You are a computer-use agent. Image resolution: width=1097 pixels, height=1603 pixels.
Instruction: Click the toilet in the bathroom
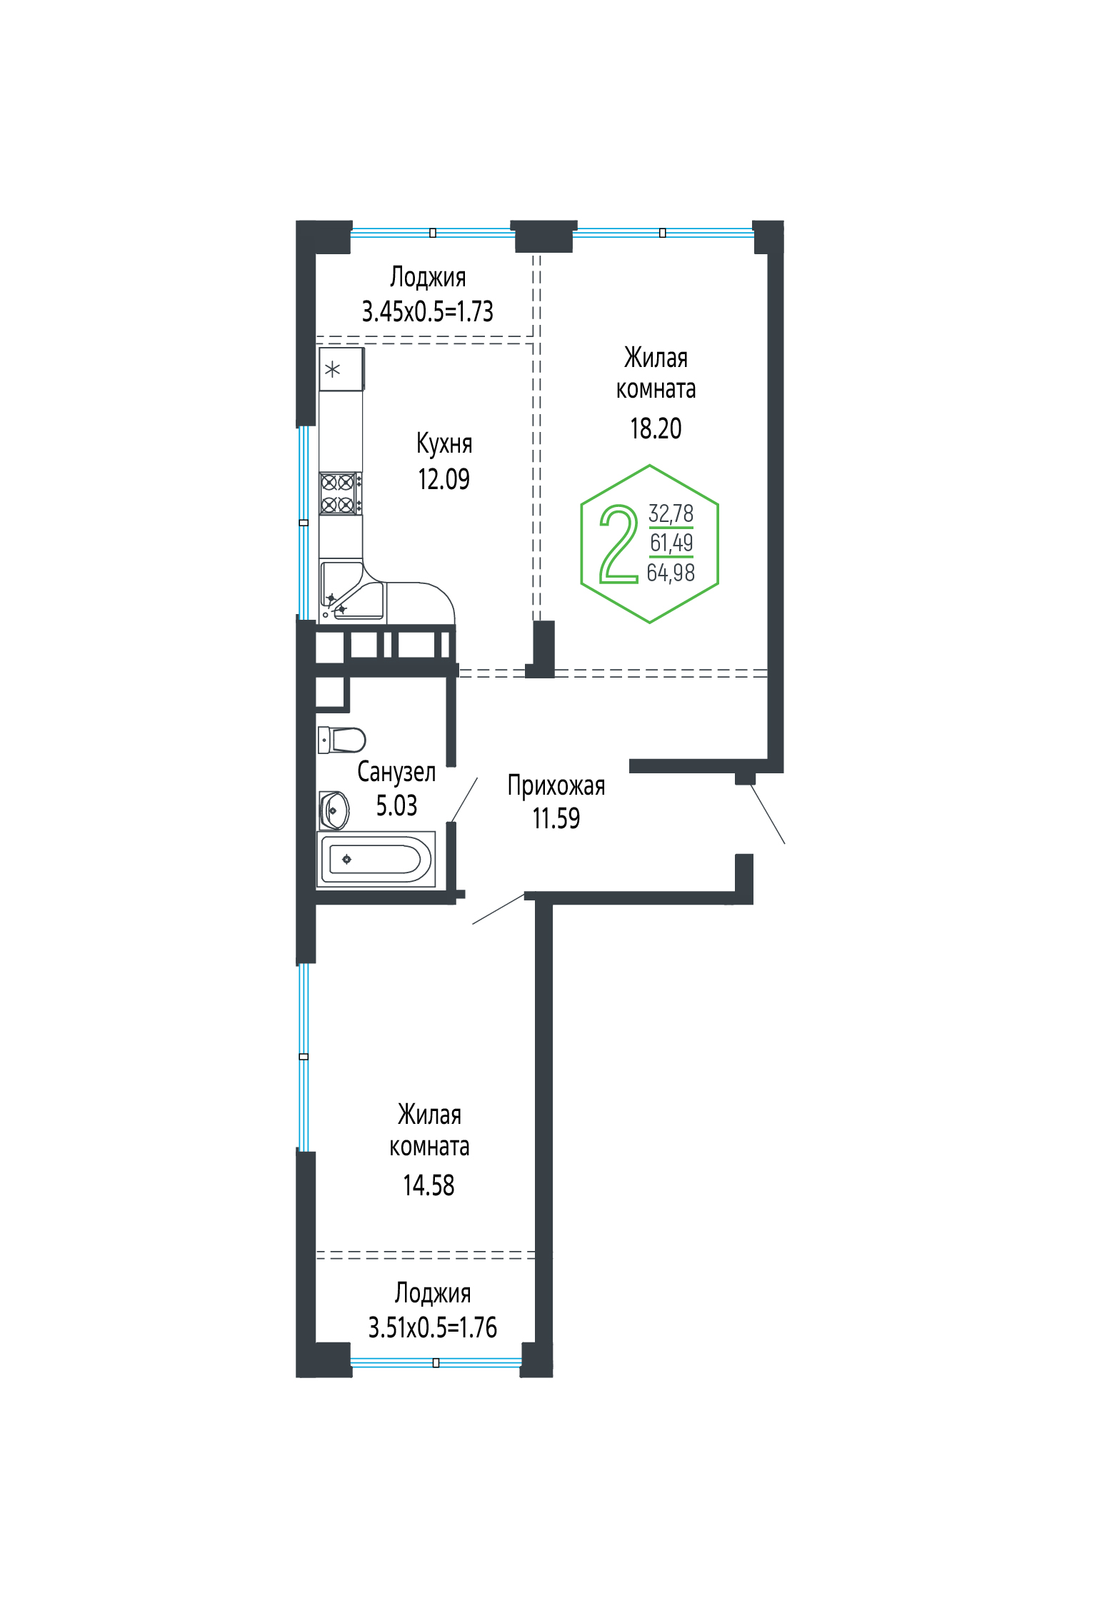[x=341, y=740]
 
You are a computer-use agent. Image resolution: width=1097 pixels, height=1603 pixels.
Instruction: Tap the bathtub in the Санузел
[x=376, y=859]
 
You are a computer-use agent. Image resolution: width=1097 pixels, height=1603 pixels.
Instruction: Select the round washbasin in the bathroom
[x=334, y=810]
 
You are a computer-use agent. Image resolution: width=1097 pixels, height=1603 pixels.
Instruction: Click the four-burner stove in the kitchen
[x=341, y=493]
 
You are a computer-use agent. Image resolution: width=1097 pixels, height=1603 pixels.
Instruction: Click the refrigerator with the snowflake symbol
[x=341, y=369]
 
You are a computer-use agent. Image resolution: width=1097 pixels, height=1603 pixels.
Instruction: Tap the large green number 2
[x=618, y=544]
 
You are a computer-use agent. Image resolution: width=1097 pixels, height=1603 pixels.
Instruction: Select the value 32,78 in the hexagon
[x=671, y=513]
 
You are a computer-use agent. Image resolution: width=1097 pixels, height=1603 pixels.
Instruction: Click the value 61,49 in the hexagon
[x=671, y=543]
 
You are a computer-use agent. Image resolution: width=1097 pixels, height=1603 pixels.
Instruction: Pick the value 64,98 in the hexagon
[x=671, y=573]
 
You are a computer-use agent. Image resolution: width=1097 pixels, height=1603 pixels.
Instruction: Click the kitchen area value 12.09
[x=444, y=479]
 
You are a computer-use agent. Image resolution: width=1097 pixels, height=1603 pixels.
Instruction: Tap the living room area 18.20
[x=656, y=428]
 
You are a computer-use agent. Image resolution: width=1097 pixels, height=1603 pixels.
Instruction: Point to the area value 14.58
[x=429, y=1185]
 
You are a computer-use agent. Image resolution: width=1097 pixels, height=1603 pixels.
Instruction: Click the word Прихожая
[x=556, y=785]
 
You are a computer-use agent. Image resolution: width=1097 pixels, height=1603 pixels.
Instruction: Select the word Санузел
[x=396, y=772]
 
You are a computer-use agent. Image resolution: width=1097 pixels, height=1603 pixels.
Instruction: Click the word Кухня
[x=444, y=443]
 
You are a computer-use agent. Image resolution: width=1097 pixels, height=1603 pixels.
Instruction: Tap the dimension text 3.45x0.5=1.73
[x=428, y=312]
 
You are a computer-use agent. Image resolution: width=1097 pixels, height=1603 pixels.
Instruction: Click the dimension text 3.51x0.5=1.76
[x=433, y=1328]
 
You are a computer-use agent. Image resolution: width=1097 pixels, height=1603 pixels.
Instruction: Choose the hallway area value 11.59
[x=556, y=818]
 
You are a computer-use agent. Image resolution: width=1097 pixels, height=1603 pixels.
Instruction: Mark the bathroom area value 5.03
[x=396, y=805]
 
